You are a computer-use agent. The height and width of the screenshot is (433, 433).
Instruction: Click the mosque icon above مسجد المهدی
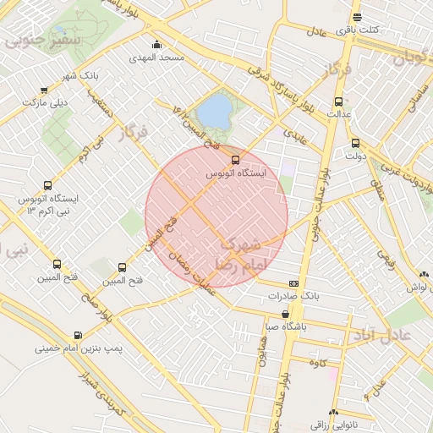[x=156, y=46]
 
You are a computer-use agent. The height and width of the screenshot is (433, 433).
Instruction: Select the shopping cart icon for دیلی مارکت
[x=44, y=90]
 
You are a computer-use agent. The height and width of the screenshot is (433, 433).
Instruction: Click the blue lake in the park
[x=214, y=109]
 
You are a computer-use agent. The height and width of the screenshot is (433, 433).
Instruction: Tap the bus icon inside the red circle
[x=235, y=160]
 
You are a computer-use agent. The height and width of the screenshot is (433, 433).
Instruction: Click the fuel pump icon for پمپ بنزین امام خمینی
[x=79, y=335]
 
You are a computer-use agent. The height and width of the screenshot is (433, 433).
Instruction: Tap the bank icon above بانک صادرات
[x=293, y=283]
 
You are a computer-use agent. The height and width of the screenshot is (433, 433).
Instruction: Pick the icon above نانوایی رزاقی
[x=334, y=413]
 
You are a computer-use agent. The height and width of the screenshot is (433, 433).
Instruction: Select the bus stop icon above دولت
[x=355, y=143]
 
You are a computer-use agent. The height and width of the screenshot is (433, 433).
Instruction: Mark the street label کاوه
[x=319, y=363]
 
